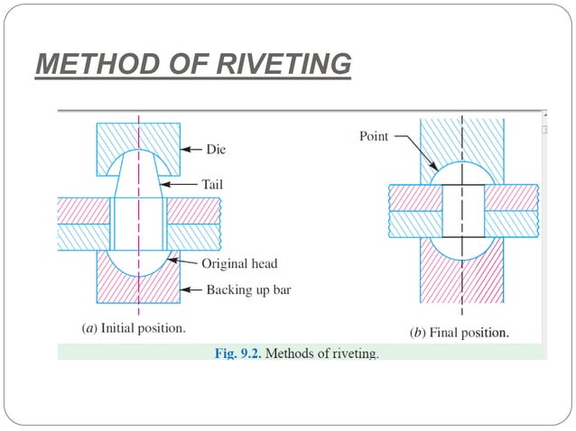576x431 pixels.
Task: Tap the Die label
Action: coord(216,149)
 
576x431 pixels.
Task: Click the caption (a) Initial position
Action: coord(134,328)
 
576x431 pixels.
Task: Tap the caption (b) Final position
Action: coord(459,332)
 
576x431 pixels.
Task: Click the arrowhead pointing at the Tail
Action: coord(163,183)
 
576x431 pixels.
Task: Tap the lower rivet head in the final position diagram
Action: coord(462,247)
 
